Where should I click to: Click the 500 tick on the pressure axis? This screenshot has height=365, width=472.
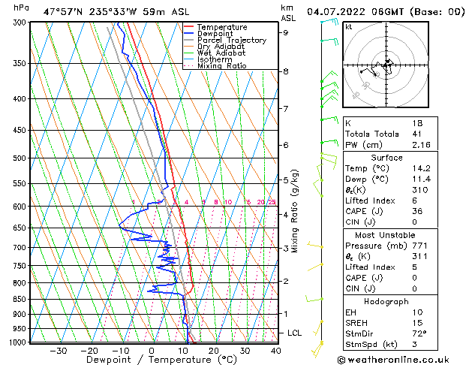20,158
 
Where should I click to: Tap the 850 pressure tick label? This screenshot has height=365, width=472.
20,299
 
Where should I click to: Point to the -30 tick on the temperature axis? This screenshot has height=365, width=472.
58,351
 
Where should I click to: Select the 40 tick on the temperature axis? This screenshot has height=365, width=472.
276,351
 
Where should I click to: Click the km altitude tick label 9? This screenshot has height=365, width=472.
286,32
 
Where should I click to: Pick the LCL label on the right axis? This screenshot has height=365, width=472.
296,333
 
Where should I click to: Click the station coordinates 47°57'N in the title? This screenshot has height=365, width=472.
63,12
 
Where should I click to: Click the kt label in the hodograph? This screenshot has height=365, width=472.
348,27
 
